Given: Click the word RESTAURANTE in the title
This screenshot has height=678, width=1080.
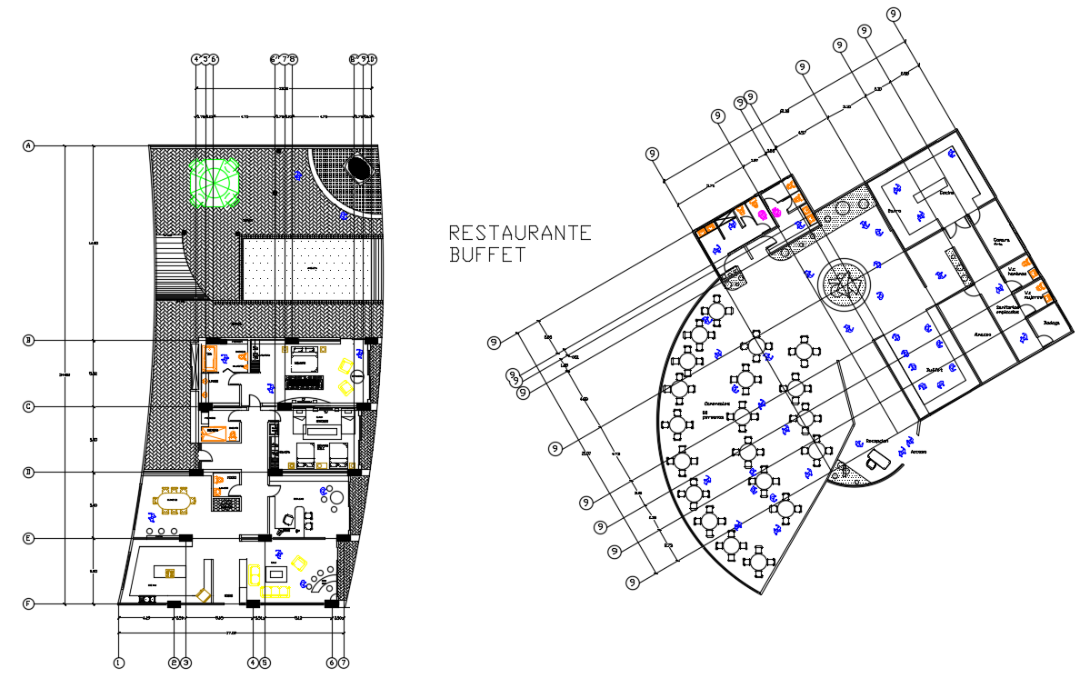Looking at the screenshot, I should [520, 233].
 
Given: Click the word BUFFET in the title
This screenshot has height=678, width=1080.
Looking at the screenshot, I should [486, 255].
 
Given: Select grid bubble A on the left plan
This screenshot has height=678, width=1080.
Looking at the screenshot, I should [28, 145].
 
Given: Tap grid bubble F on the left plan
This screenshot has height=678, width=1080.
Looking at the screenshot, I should [28, 603].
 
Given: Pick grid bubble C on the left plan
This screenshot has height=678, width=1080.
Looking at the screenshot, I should [28, 406].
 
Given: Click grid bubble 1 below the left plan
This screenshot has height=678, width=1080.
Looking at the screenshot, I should [118, 663].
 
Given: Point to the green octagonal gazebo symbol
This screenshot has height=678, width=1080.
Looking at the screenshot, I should [215, 184].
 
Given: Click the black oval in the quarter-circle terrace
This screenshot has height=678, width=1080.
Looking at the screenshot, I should [359, 169].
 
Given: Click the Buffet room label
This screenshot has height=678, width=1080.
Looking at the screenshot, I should [934, 371].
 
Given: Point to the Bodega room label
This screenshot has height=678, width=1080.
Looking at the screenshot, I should [1052, 323].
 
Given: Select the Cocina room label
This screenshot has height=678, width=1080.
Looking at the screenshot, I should [946, 193].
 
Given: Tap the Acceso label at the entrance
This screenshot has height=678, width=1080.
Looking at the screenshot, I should [919, 451].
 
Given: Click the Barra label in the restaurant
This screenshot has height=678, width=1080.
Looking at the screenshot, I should [894, 211].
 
